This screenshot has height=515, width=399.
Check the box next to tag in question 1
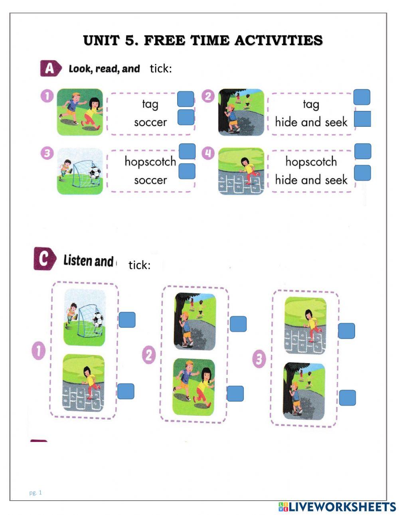click(x=186, y=99)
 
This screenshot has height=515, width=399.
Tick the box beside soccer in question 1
click(x=186, y=117)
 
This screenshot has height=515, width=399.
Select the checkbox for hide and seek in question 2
click(x=362, y=119)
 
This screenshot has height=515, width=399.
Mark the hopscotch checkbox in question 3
click(x=187, y=152)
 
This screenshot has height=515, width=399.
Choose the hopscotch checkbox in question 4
click(x=363, y=152)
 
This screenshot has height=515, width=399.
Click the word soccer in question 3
click(x=150, y=180)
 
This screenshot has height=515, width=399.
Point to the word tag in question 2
click(x=311, y=104)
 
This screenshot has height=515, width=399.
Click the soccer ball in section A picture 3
click(x=95, y=172)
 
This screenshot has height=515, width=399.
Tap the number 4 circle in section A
click(x=208, y=153)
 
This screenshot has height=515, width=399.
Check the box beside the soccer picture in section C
click(x=127, y=320)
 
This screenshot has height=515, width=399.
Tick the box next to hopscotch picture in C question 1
click(x=126, y=391)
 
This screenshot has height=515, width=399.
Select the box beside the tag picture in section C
click(x=235, y=394)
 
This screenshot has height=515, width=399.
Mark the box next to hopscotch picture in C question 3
click(x=346, y=331)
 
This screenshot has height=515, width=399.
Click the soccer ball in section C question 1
click(x=98, y=320)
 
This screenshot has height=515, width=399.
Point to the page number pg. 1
click(x=36, y=492)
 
